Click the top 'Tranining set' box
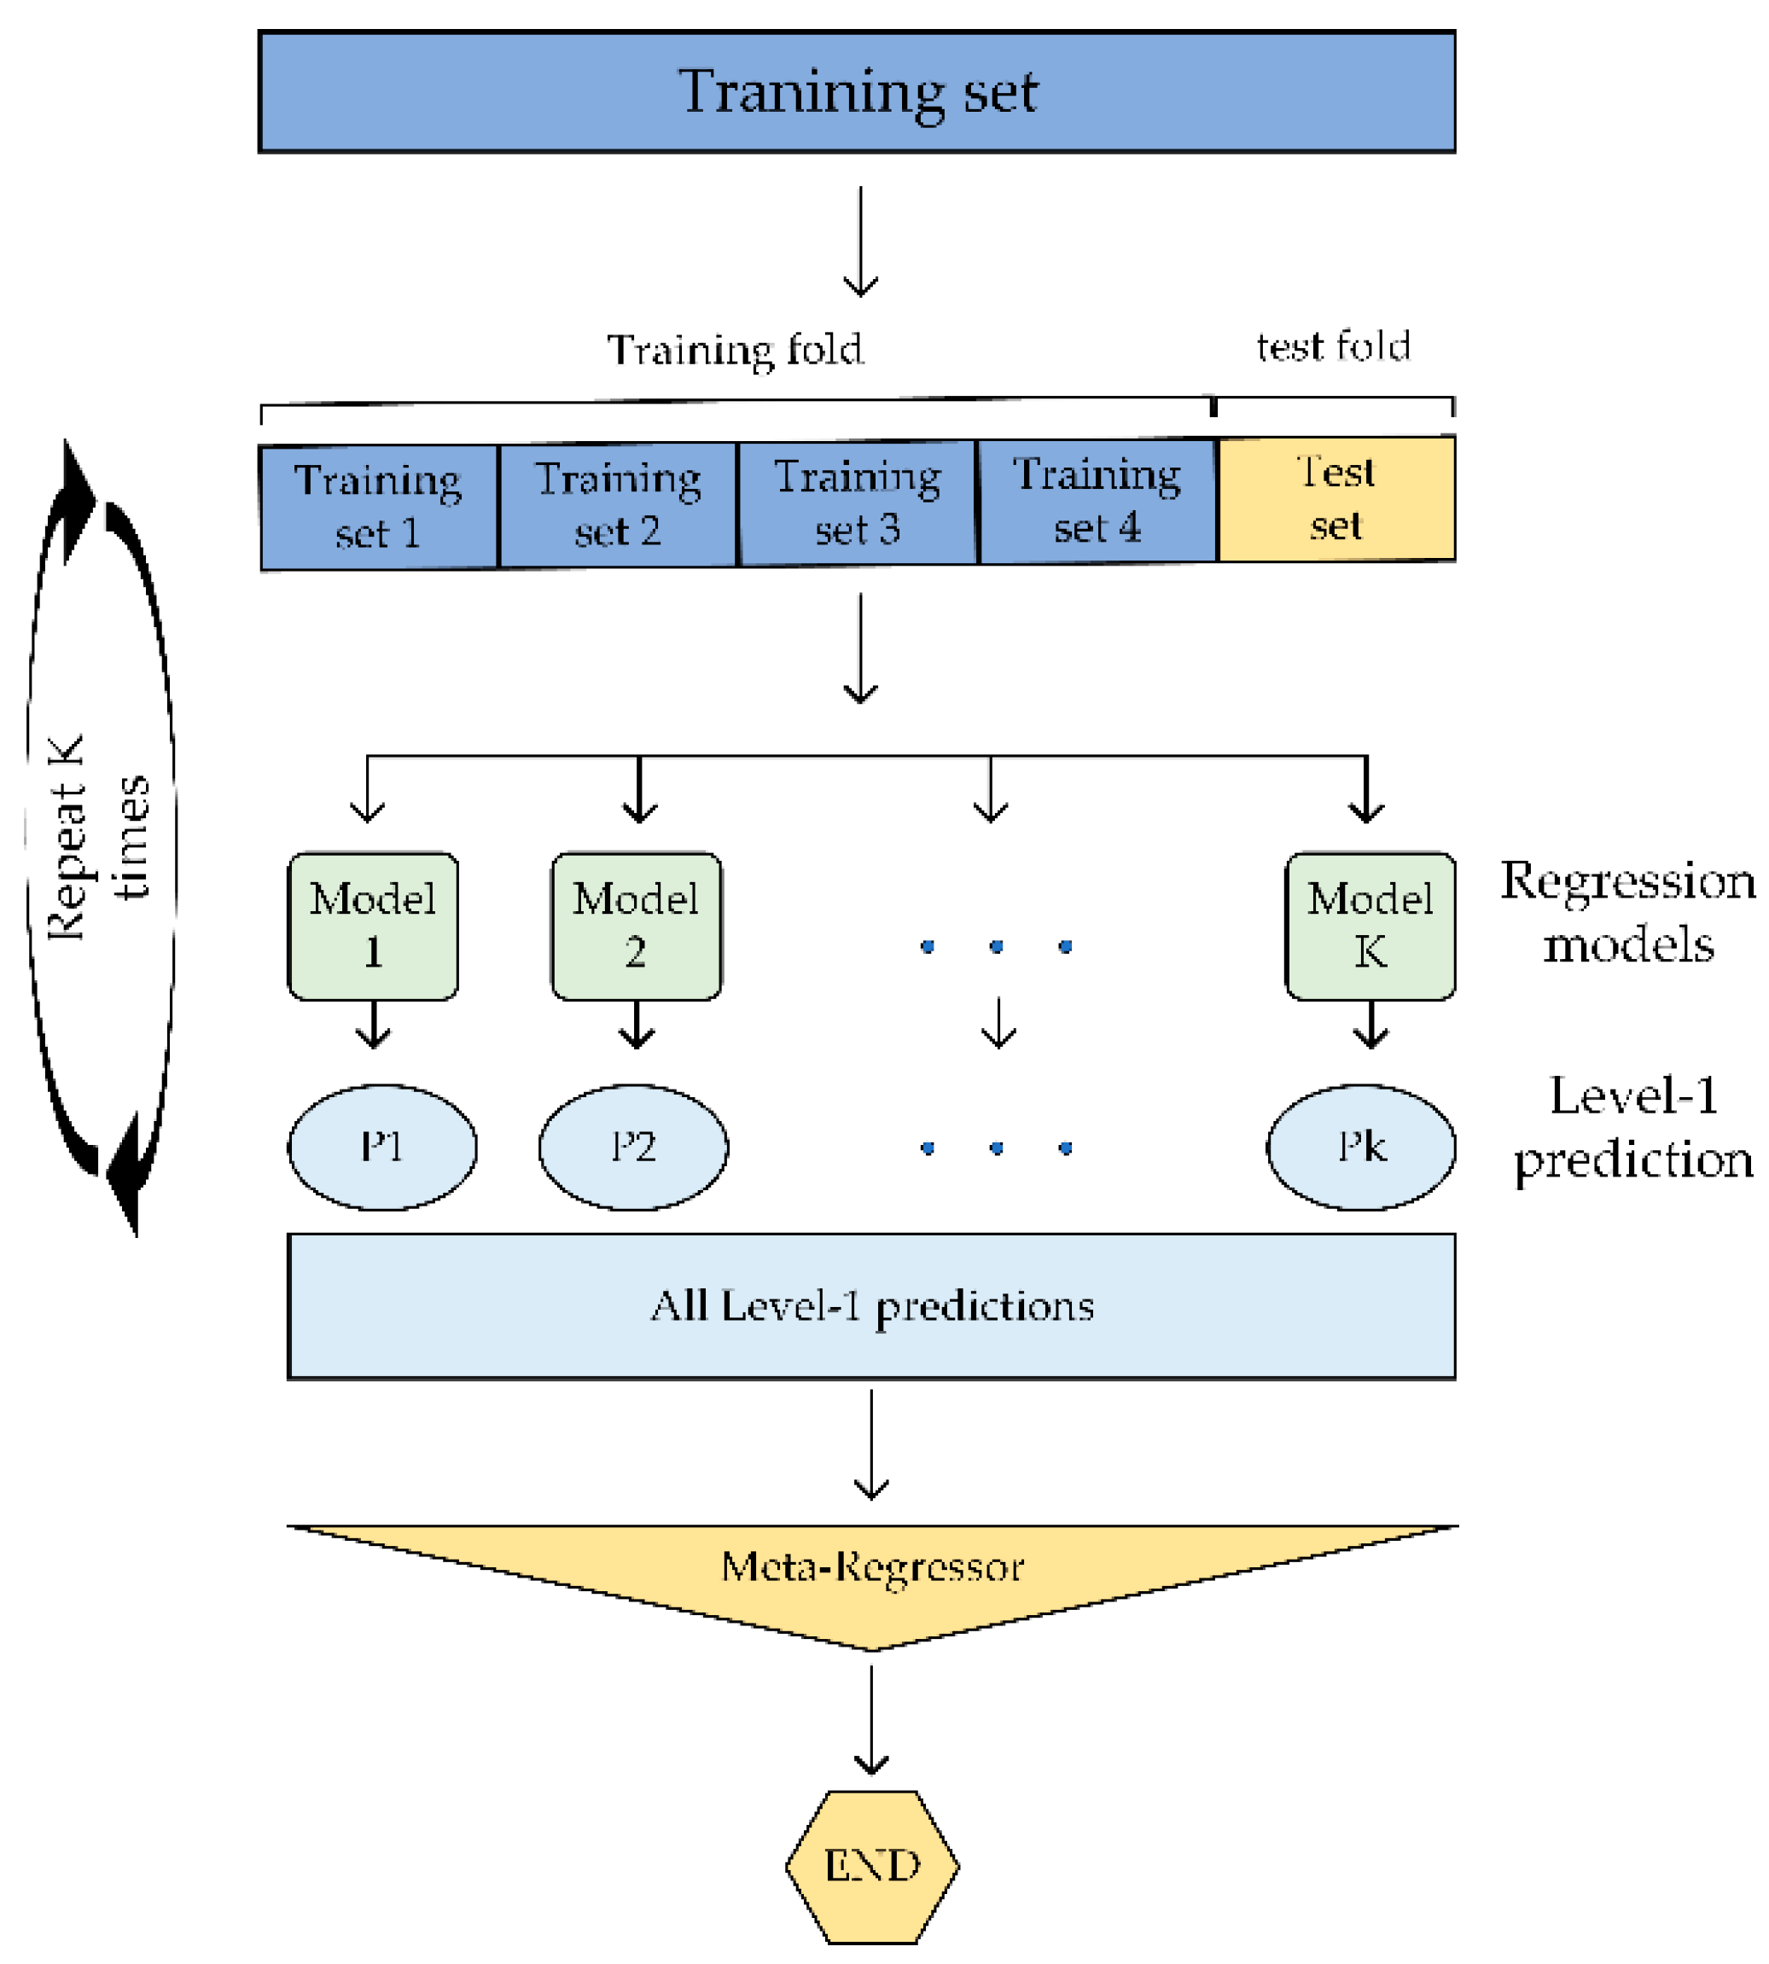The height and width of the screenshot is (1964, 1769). click(856, 91)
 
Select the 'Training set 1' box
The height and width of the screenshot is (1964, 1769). click(379, 506)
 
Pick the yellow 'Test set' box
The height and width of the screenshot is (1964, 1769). click(1336, 499)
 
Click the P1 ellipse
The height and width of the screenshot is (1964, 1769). click(382, 1148)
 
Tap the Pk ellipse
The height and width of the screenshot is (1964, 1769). click(1361, 1148)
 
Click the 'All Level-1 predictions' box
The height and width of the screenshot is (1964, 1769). click(871, 1306)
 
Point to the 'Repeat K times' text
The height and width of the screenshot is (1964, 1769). click(97, 838)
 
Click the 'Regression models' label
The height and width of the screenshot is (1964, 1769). click(1628, 911)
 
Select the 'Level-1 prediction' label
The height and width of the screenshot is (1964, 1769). click(1633, 1127)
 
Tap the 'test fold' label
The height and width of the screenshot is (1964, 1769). click(1333, 347)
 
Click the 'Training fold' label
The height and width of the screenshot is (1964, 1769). click(735, 350)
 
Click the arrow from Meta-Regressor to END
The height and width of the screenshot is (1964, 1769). click(871, 1718)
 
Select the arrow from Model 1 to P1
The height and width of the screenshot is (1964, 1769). click(373, 1025)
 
